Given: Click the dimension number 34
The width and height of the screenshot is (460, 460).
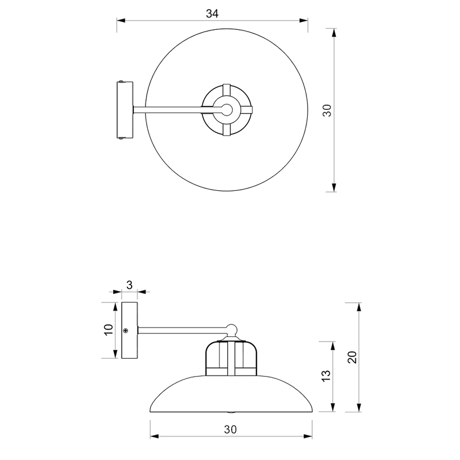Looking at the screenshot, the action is [x=212, y=14].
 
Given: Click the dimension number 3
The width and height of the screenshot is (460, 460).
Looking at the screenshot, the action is [x=129, y=285].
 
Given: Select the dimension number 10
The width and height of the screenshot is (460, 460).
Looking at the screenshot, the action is [x=109, y=329].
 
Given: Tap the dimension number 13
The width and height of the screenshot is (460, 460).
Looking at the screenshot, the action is [x=326, y=376].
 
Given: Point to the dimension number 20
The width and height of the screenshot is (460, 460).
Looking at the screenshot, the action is [x=352, y=357].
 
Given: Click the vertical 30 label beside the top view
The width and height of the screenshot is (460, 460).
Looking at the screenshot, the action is [x=327, y=110].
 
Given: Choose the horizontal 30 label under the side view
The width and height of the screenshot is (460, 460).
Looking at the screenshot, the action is [x=231, y=430].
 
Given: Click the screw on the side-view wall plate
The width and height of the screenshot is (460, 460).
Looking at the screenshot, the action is [x=126, y=331].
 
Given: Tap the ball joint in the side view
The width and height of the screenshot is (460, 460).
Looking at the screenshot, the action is [x=232, y=329].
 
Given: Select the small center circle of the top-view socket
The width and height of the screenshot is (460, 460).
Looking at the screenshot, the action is [x=227, y=110].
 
